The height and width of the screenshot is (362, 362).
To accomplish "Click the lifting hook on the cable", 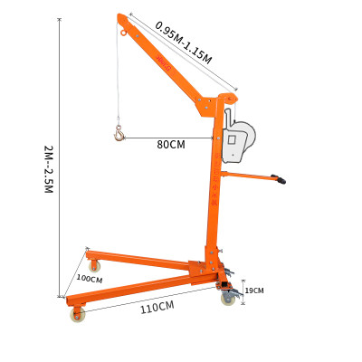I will click(119, 135).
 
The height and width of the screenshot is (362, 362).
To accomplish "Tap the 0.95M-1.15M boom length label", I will click(184, 42).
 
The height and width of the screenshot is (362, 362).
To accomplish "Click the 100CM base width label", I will click(90, 279).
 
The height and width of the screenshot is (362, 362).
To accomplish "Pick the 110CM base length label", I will click(156, 308).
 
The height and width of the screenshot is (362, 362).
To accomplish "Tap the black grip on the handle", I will click(281, 181).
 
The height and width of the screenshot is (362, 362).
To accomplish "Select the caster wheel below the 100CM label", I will click(75, 316).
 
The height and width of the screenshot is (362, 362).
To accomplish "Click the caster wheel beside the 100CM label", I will click(94, 265).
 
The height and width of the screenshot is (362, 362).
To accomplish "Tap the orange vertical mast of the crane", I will click(214, 190).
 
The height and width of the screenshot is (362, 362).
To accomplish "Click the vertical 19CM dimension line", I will click(243, 291).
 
